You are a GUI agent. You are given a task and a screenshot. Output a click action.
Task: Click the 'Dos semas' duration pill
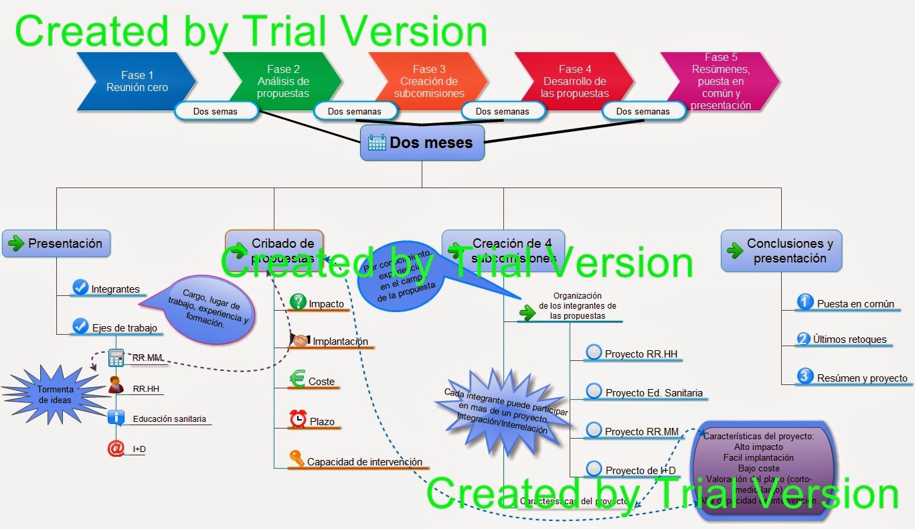216,111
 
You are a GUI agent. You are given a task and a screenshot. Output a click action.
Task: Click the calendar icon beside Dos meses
377,143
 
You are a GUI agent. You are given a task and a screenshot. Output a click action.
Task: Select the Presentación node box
56,244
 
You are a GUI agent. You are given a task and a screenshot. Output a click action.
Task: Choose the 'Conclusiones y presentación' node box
781,251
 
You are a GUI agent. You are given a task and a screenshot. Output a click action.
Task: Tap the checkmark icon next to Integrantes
80,288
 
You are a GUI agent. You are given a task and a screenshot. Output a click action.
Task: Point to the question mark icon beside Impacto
299,302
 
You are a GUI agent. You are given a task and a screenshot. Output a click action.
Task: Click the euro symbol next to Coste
297,380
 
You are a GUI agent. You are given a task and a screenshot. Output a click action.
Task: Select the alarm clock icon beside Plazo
297,419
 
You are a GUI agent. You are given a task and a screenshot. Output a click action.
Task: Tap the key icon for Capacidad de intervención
297,459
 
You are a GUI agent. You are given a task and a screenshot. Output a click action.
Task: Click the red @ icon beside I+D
116,448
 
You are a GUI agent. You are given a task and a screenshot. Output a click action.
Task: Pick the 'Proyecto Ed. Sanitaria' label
654,393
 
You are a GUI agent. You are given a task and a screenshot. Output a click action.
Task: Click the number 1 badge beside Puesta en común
805,302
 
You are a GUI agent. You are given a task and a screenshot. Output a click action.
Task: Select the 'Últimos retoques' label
849,339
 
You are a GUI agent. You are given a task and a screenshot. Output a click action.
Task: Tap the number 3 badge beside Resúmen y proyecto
805,376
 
